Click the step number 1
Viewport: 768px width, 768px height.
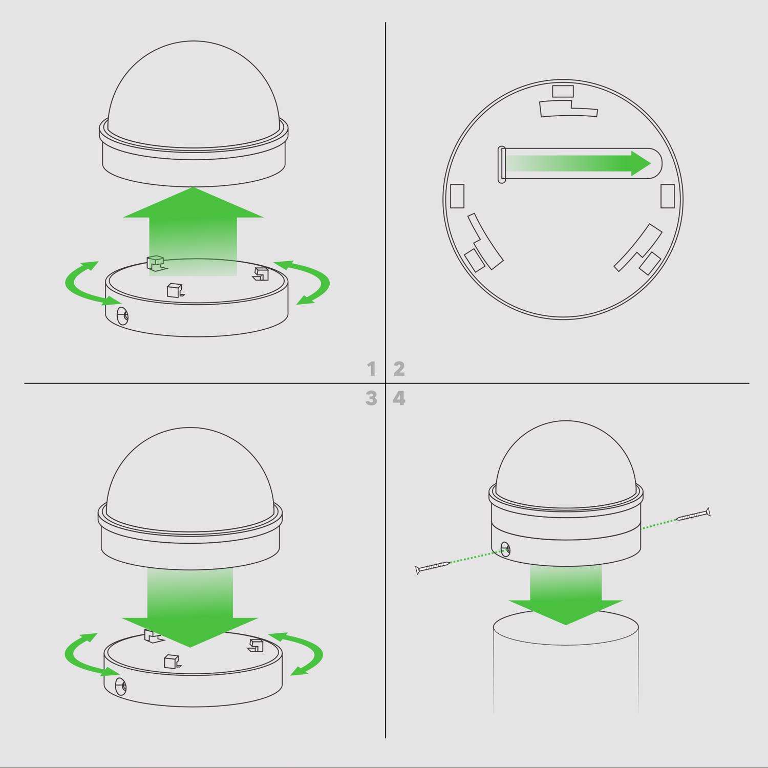coord(372,369)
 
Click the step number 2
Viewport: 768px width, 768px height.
coord(399,369)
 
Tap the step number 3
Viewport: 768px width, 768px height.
coord(372,398)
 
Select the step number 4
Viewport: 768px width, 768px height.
coord(399,398)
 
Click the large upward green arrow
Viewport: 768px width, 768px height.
coord(194,230)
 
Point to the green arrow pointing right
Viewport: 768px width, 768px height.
coord(579,163)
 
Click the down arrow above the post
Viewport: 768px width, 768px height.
coord(566,594)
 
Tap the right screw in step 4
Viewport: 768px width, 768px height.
coord(693,515)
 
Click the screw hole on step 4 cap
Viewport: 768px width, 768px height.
coord(505,549)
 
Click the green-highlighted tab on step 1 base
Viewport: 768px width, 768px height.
coord(155,263)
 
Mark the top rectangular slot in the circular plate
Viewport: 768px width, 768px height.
coord(563,92)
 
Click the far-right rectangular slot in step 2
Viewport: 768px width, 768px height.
coord(668,196)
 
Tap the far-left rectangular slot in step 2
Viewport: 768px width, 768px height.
coord(457,196)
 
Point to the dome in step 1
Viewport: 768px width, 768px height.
coord(194,92)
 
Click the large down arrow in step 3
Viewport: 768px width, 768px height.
coord(190,607)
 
